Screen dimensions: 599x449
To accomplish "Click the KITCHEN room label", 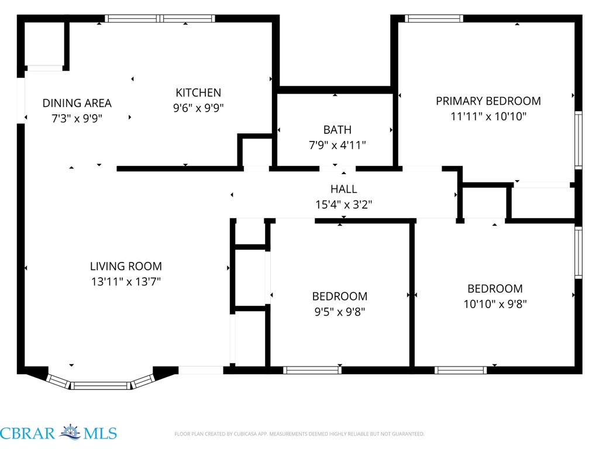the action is click(198, 92).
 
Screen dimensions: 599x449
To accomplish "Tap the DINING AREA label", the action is click(77, 103).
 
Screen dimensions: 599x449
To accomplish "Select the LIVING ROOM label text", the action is click(126, 266).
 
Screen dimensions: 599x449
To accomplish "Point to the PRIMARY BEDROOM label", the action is click(488, 101).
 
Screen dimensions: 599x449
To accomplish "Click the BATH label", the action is click(338, 130).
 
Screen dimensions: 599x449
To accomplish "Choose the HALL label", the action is click(344, 189).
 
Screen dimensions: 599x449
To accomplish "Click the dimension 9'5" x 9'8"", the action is click(340, 312).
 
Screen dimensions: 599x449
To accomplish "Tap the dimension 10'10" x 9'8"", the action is click(495, 304).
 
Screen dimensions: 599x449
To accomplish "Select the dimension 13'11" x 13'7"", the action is click(126, 282).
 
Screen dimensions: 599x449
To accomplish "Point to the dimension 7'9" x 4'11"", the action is click(338, 145).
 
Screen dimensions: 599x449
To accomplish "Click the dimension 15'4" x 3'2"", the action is click(344, 205).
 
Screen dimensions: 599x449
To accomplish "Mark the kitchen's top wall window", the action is click(160, 18).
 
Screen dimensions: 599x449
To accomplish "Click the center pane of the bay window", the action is click(101, 385).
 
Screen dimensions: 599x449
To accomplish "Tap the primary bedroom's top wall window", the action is click(434, 18).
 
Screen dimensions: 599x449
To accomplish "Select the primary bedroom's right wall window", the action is click(579, 140).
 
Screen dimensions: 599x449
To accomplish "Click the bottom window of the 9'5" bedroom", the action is click(312, 370).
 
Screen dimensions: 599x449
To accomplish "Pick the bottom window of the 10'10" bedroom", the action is click(461, 370).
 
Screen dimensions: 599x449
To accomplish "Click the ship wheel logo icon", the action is click(70, 432).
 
